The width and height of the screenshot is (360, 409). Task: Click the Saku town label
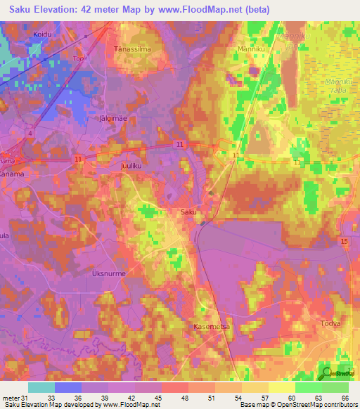[x=188, y=212]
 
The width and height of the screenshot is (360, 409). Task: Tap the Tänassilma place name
[x=129, y=49]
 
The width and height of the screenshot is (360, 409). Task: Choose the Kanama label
[x=11, y=167]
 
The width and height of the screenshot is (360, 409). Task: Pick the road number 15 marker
[x=345, y=242]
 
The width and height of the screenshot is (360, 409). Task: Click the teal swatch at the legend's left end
[x=41, y=387]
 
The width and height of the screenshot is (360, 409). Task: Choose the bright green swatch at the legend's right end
[x=335, y=387]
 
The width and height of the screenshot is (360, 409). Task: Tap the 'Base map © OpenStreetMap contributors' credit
[x=298, y=405]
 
